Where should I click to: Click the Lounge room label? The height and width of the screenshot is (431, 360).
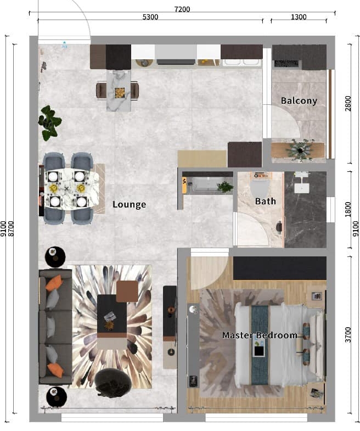[x=129, y=204]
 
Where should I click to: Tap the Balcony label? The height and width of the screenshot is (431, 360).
[x=299, y=100]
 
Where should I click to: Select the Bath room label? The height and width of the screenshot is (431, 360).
[x=265, y=201]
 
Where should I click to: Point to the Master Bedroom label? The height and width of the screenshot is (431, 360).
[x=260, y=335]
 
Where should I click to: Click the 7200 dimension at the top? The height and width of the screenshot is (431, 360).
[x=182, y=9]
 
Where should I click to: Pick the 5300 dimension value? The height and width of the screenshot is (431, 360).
[x=150, y=17]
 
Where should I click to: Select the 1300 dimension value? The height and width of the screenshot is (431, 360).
[x=299, y=17]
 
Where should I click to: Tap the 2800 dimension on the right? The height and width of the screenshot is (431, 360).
[x=348, y=103]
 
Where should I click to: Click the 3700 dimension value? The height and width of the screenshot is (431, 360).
[x=348, y=335]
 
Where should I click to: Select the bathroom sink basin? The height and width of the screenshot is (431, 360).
[x=302, y=188]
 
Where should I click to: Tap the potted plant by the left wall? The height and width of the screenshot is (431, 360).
[x=49, y=123]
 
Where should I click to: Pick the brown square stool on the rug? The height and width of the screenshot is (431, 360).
[x=127, y=292]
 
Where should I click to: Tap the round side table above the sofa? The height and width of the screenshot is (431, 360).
[x=55, y=257]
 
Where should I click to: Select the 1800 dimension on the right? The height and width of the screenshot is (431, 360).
[x=348, y=209]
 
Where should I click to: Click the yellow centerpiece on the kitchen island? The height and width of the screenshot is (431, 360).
[x=119, y=93]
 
